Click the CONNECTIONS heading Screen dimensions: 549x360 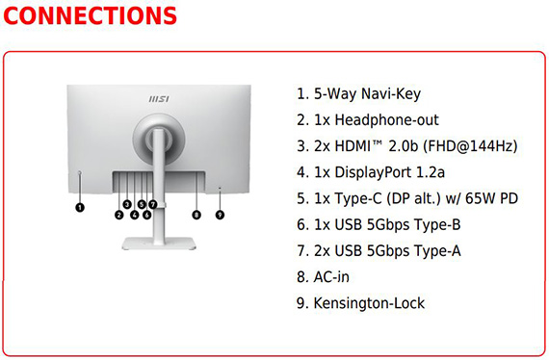click(x=90, y=15)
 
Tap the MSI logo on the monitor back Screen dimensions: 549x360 click(x=159, y=99)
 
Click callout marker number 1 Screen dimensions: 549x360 click(x=80, y=208)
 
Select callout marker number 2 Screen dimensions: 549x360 click(x=119, y=215)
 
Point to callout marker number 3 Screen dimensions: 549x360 click(x=127, y=204)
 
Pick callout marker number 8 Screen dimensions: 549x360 click(x=196, y=215)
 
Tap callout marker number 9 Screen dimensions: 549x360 click(x=220, y=215)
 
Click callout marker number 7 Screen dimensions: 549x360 click(x=152, y=204)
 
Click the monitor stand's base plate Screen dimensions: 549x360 click(x=159, y=244)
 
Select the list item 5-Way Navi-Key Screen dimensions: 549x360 click(x=358, y=93)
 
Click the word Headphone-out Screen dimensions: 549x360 click(x=386, y=120)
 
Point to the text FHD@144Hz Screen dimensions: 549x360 click(x=470, y=146)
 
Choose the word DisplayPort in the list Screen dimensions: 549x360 click(x=373, y=172)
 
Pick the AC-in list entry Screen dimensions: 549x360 click(x=323, y=277)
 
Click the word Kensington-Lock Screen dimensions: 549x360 click(x=369, y=303)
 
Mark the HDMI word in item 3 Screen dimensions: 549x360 click(x=353, y=146)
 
